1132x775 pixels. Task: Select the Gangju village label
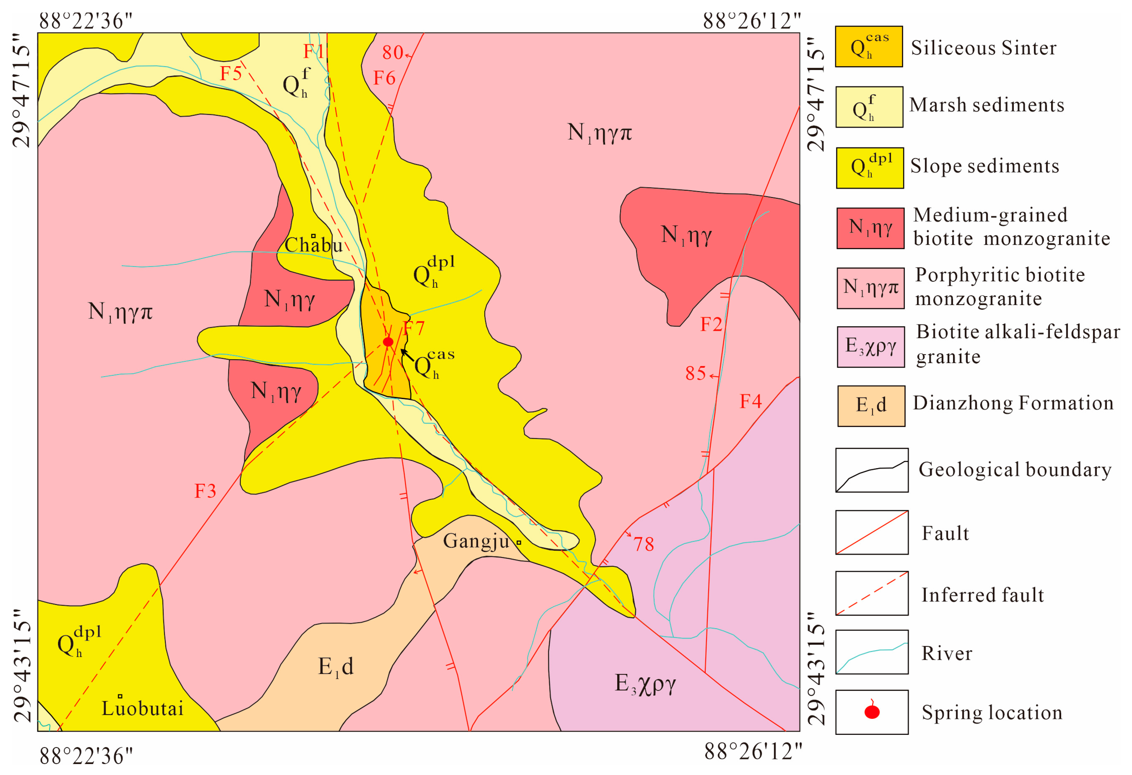point(476,541)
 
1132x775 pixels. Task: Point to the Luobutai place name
point(142,708)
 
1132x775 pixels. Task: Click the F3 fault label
point(205,491)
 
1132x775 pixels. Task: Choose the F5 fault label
point(230,74)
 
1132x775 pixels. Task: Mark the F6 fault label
point(384,78)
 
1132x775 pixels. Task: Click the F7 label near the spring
point(414,328)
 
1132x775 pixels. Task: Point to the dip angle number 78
point(644,544)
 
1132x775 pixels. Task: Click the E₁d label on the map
point(336,666)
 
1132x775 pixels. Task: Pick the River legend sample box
point(871,652)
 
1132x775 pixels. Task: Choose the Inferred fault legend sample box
point(871,593)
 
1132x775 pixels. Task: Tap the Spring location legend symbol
point(871,712)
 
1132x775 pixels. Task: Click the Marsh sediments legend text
point(986,105)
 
